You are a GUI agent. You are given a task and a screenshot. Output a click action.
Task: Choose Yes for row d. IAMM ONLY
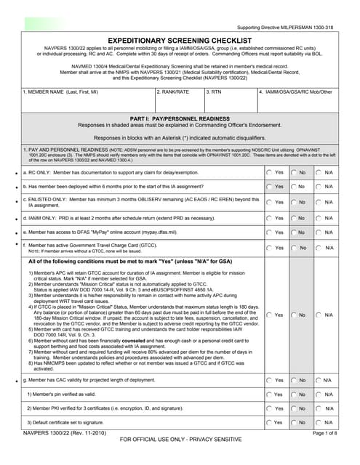[x=269, y=217]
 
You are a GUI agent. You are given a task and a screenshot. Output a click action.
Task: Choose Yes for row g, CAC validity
[x=269, y=380]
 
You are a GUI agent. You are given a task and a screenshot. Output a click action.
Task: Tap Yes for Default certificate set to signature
[x=269, y=423]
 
